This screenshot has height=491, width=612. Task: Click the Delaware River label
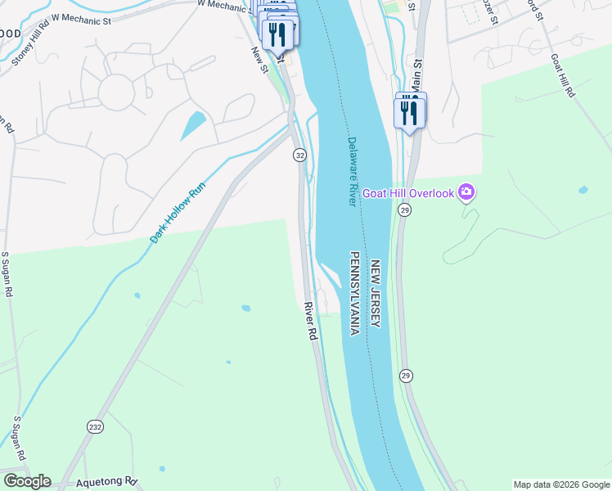click(x=353, y=171)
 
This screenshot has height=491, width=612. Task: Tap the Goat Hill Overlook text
click(x=409, y=192)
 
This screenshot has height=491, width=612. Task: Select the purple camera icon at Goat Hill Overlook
click(x=467, y=192)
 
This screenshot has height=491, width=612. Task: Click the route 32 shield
click(x=300, y=155)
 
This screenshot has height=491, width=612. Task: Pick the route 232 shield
click(x=95, y=427)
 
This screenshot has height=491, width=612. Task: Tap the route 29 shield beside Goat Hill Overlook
click(x=405, y=210)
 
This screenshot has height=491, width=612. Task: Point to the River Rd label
click(x=310, y=321)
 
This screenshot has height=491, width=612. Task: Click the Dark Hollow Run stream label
click(x=177, y=212)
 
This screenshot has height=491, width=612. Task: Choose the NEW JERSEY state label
click(x=376, y=295)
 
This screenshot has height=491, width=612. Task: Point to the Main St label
click(x=416, y=74)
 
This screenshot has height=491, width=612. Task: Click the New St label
click(x=260, y=59)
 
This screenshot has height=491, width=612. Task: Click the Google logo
click(x=27, y=481)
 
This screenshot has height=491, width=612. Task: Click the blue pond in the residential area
click(x=193, y=125)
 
